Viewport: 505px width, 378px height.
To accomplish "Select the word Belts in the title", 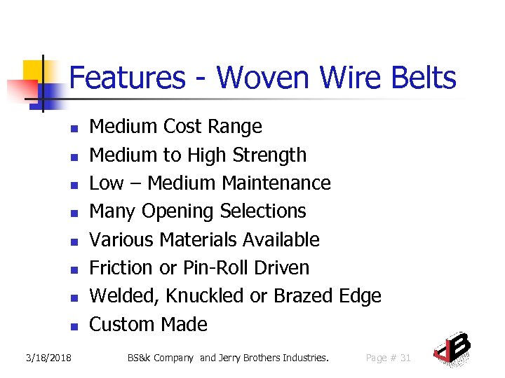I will pos(421,78).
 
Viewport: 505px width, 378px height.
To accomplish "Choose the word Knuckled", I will pos(206,296).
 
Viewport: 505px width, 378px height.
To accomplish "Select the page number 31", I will pos(405,358).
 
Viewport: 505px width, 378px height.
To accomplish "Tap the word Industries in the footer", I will pos(305,358).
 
